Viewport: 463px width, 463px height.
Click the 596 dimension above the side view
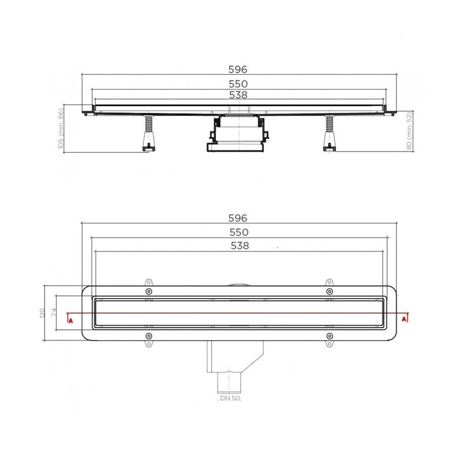click(238, 69)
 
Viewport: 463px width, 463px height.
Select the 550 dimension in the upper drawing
click(238, 84)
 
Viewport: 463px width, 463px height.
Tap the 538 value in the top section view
click(238, 95)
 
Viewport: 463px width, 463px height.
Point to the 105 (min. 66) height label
click(61, 128)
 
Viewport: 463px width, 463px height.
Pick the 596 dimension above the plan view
click(238, 218)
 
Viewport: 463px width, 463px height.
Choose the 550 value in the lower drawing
click(239, 233)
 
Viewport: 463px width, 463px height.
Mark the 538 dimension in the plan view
click(240, 245)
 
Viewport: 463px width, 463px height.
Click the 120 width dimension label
click(42, 313)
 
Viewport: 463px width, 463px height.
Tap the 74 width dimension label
click(54, 313)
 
